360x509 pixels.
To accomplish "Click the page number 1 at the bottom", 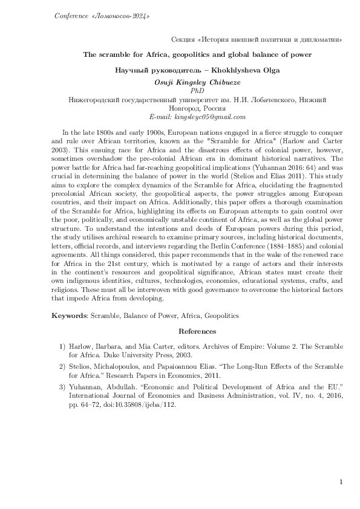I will [342, 482].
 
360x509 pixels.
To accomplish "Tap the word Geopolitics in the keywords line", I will [220, 315].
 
